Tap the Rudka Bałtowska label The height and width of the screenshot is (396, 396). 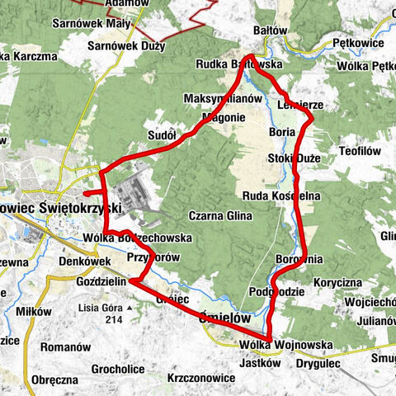[240, 64]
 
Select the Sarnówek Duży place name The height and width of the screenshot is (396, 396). [126, 46]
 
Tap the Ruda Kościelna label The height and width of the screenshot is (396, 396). [281, 195]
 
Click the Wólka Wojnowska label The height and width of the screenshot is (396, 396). [285, 345]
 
